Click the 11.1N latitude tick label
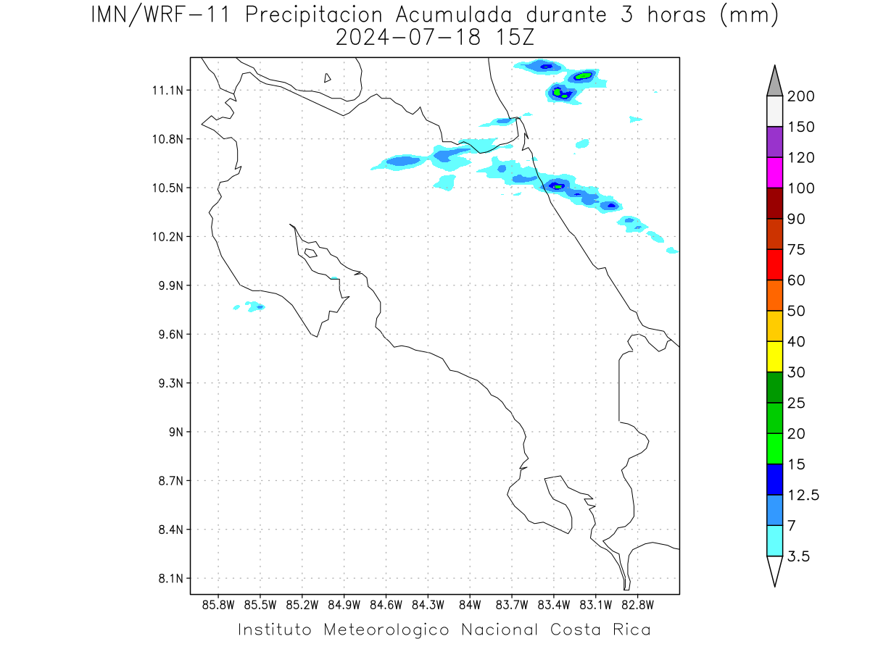click(167, 91)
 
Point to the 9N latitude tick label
click(176, 432)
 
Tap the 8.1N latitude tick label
click(171, 579)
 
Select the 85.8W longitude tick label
click(218, 606)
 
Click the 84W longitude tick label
click(470, 606)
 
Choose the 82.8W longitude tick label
click(637, 606)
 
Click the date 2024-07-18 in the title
click(408, 38)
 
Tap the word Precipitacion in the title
click(313, 16)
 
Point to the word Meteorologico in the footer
click(386, 630)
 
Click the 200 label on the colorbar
click(800, 96)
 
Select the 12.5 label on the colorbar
click(803, 496)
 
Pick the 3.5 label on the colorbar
click(798, 556)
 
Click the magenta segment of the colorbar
click(774, 172)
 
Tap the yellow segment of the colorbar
click(774, 356)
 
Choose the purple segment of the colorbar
click(774, 142)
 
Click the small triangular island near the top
click(327, 78)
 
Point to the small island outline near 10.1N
click(311, 253)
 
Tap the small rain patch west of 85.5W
click(236, 307)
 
